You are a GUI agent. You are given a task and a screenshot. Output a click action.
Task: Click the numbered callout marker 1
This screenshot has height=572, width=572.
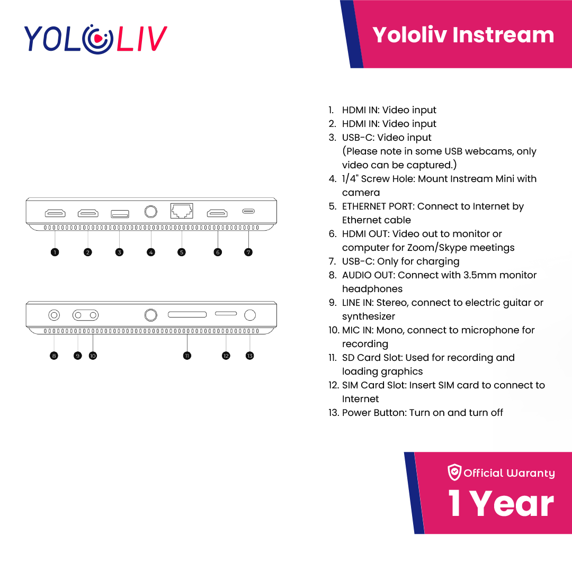[x=55, y=252]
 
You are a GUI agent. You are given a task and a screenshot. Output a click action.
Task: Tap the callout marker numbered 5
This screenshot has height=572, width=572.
[x=182, y=252]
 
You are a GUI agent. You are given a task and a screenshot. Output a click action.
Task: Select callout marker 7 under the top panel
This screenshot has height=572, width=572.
[x=248, y=252]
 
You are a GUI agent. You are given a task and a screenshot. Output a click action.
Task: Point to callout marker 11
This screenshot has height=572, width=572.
[x=187, y=356]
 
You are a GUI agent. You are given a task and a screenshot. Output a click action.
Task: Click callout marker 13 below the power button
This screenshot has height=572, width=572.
[x=249, y=356]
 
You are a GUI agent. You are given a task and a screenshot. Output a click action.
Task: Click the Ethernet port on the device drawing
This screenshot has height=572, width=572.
[x=182, y=211]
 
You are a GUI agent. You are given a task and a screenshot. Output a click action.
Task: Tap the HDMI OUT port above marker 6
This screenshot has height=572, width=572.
[x=217, y=213]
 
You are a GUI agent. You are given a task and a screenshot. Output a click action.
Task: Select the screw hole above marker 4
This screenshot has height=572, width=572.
[x=151, y=212]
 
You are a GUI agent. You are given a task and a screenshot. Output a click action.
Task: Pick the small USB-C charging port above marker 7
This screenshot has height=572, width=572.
[x=248, y=211]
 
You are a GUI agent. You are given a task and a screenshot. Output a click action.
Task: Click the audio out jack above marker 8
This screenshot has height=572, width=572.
[x=54, y=315]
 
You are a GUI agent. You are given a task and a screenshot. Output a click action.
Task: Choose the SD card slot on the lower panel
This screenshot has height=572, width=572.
[x=187, y=314]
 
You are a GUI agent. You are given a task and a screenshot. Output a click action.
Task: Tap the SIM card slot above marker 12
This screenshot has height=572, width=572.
[x=226, y=313]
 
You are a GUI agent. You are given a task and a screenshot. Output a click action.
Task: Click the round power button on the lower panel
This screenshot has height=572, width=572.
[x=250, y=315]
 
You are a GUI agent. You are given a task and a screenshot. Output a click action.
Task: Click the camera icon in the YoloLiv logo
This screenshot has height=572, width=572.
[x=97, y=39]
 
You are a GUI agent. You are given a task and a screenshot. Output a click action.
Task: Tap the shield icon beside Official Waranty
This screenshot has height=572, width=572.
[x=454, y=472]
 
